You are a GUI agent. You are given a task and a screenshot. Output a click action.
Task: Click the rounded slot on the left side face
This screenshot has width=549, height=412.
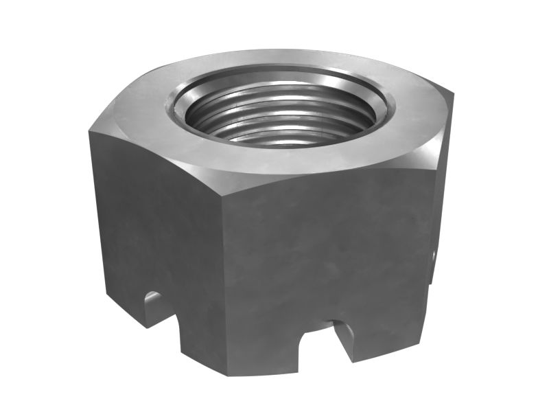click(x=152, y=303)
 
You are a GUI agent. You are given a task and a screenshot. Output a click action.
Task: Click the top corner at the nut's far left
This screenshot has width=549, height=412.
click(x=89, y=130)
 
